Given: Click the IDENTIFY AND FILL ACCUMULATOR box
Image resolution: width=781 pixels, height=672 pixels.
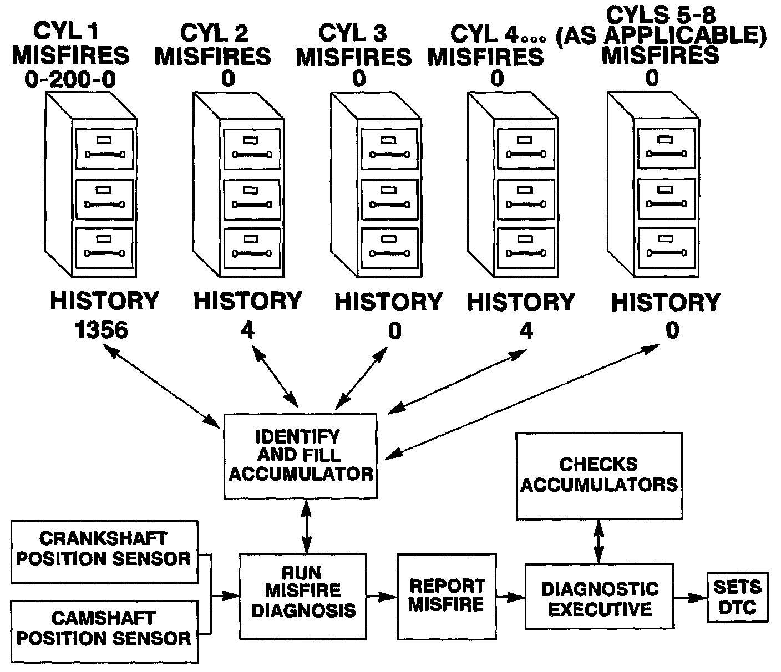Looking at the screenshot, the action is (301, 456).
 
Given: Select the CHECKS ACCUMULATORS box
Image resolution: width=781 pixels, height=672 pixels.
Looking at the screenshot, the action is (599, 476).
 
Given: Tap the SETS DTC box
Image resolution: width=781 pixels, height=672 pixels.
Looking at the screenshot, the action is (738, 597).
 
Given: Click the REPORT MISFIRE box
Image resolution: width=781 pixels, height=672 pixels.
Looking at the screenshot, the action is (447, 597).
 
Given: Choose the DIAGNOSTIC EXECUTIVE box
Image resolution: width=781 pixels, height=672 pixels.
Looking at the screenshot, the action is (600, 597).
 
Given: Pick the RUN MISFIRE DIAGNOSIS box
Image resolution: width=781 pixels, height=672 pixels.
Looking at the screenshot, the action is (303, 597).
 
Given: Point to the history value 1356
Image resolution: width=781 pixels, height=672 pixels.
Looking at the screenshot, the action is (102, 329).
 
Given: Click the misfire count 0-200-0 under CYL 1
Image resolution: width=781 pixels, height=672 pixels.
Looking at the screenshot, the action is (70, 80).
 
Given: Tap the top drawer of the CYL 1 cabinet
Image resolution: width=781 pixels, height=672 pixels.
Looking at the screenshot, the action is (105, 149).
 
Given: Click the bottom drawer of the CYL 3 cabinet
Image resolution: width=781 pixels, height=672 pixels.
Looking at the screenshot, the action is (389, 247).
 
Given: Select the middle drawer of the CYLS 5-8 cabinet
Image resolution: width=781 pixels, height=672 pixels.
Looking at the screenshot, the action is (667, 198).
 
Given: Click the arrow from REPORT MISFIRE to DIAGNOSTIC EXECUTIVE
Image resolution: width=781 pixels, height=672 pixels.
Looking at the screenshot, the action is (511, 597).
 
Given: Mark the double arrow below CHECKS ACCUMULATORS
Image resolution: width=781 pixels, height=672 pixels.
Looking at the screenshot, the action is (599, 542).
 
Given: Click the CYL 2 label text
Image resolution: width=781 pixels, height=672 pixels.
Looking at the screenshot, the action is (214, 33).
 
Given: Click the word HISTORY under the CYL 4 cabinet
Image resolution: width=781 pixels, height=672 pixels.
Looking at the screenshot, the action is (521, 302).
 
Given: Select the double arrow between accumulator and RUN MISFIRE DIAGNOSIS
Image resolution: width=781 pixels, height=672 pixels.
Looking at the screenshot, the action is (306, 527).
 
